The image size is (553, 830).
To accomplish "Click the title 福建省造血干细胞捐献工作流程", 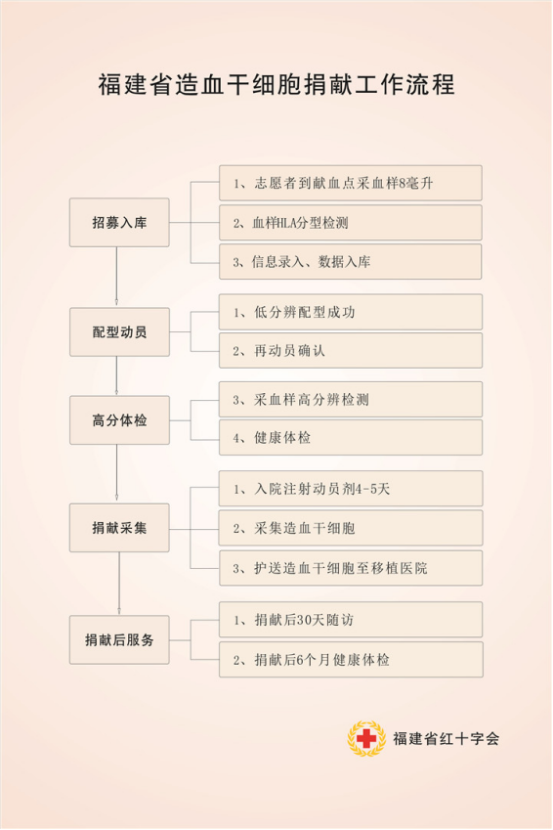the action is coord(276,85).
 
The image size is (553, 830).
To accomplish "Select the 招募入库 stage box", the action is coord(119,222).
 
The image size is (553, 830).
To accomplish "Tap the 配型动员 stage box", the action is coord(119,331).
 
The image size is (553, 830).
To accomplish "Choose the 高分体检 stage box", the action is coord(119,420).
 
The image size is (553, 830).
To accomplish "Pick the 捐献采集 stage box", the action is coord(119,528).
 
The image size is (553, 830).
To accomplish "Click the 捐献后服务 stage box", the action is coord(119,639).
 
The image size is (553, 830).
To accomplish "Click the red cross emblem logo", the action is coord(366,738).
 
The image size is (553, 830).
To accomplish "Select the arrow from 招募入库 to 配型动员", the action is coord(116,276).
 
